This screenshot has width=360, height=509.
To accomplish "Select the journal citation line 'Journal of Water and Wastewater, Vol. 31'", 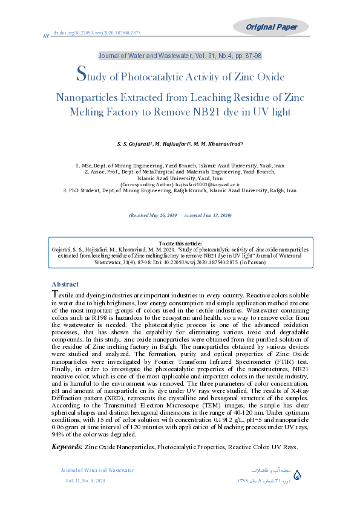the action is pos(180,55).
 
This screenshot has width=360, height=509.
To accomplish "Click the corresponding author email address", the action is pos(206,184).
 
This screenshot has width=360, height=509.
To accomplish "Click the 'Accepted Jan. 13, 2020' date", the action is pos(208,216).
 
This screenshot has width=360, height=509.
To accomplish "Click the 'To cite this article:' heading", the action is pos(180,243).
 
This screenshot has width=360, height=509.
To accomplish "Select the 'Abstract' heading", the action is pos(65,284).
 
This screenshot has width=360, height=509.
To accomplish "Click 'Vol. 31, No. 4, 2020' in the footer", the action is pos(85,481).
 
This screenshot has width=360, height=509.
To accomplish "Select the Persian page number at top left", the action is pos(45,36).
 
